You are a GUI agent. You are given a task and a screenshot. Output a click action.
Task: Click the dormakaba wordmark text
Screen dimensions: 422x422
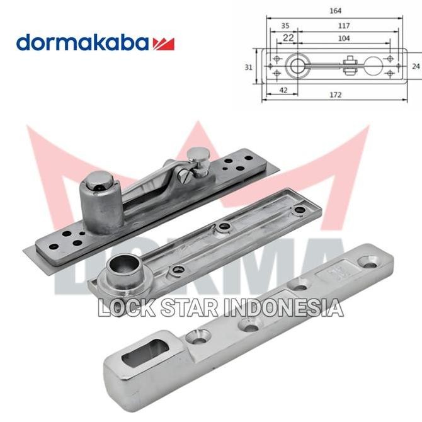(x=83, y=43)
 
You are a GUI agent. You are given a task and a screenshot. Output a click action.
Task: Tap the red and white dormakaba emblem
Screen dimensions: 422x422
(x=163, y=43)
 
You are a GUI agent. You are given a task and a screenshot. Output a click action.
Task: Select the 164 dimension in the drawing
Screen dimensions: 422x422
(x=331, y=10)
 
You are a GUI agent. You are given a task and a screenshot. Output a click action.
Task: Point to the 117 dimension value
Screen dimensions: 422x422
(x=343, y=26)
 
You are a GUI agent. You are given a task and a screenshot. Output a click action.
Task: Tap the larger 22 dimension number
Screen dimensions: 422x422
(x=288, y=38)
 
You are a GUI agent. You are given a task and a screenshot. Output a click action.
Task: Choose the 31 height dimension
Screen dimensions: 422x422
(x=249, y=67)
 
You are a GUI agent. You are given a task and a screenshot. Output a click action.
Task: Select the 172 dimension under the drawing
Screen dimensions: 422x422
(x=335, y=94)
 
